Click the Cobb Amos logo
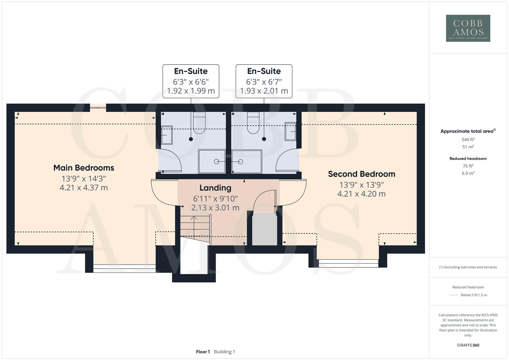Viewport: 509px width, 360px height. [x=468, y=28]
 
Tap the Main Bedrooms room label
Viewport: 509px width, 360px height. [x=84, y=168]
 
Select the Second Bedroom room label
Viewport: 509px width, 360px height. [x=361, y=174]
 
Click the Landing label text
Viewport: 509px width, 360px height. [x=215, y=188]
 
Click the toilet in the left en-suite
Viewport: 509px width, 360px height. [x=200, y=123]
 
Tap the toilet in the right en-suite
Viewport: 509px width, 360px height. [x=253, y=123]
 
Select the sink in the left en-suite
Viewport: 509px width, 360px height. [x=167, y=135]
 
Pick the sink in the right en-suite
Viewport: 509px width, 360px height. [x=290, y=131]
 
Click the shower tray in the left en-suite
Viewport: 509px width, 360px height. [x=212, y=161]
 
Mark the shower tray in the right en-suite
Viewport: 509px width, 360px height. [x=247, y=161]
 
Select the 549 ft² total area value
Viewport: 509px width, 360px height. [x=468, y=140]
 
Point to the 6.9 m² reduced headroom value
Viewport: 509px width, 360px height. [x=468, y=173]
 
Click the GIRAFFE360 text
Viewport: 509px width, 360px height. [x=468, y=345]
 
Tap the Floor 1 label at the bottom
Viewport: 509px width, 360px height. [x=203, y=352]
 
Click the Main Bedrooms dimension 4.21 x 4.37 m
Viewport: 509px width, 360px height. [x=84, y=188]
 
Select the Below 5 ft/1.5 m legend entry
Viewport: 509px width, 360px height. [x=473, y=295]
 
